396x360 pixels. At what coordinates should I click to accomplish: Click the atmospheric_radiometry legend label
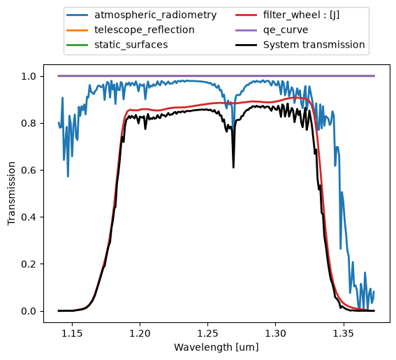tap(155, 15)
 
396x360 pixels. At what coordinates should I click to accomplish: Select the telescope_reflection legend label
tap(145, 30)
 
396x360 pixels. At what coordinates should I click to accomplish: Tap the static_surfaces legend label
tap(131, 45)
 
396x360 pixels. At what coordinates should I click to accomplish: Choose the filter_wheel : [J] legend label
tap(301, 15)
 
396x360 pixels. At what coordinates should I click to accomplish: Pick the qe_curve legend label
tap(286, 30)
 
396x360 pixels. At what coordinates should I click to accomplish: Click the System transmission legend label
tap(314, 45)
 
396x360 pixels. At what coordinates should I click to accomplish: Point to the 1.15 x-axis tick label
tap(73, 333)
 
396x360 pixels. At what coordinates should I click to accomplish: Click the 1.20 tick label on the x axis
tap(140, 333)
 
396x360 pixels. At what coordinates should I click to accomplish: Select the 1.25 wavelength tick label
tap(207, 333)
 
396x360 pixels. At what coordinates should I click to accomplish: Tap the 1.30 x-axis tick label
tap(275, 333)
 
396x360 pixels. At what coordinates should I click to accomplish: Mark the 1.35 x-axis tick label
tap(343, 333)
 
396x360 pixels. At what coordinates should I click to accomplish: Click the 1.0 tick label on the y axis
tap(29, 76)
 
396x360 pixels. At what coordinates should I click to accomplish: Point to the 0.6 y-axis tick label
tap(29, 170)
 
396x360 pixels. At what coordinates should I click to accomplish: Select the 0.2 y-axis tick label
tap(29, 264)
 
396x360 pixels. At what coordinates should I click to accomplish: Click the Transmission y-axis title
tap(12, 194)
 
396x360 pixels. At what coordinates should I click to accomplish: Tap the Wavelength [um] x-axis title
tap(217, 347)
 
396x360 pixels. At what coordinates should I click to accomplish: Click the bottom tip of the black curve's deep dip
tap(233, 167)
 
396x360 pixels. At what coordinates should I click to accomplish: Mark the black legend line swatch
tap(246, 45)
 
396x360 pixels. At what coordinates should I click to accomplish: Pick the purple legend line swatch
tap(246, 30)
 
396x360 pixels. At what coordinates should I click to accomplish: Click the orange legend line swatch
tap(78, 30)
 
